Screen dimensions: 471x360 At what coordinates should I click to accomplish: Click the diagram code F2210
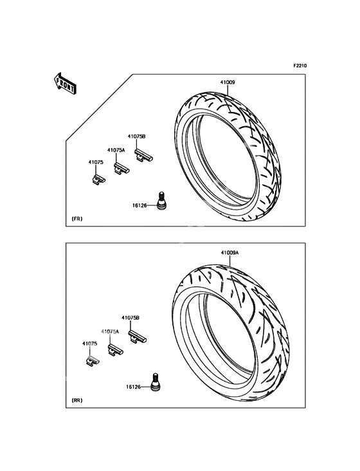click(x=301, y=66)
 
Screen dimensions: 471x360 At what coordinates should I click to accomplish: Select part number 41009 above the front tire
click(x=228, y=83)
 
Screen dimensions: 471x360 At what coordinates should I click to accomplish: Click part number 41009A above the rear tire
click(x=230, y=254)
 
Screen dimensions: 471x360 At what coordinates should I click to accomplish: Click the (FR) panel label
click(x=76, y=219)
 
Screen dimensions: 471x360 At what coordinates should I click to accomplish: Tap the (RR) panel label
click(x=76, y=400)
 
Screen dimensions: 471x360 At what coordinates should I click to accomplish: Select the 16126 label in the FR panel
click(x=140, y=205)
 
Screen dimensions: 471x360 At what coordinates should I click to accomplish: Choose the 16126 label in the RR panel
click(x=134, y=387)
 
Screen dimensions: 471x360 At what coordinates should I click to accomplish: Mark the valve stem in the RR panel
click(x=155, y=381)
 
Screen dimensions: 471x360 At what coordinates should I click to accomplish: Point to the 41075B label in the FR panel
click(x=136, y=136)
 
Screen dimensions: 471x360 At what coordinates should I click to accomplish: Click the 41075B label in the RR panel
click(x=130, y=318)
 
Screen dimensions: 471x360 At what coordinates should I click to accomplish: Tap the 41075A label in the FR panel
click(x=116, y=150)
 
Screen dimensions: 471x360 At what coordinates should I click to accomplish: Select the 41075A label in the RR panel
click(x=110, y=331)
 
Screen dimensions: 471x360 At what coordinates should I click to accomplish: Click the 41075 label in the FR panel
click(x=95, y=163)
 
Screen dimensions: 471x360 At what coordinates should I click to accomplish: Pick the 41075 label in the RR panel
click(x=89, y=344)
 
